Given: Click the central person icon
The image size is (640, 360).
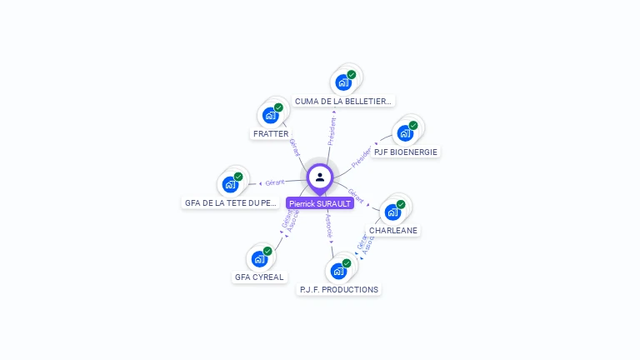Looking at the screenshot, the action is [x=320, y=177].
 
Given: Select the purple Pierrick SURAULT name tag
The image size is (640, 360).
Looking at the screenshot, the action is [x=320, y=203].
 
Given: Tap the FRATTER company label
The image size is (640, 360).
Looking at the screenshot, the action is [x=270, y=133].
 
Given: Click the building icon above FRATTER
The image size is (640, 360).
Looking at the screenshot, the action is [x=270, y=115].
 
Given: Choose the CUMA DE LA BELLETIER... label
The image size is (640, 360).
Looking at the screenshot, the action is [x=343, y=101].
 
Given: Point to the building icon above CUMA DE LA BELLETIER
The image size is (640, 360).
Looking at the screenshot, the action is [x=342, y=82].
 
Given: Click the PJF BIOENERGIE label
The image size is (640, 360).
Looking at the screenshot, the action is [x=406, y=152].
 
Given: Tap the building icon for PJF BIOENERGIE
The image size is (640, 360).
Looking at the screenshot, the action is [x=405, y=133].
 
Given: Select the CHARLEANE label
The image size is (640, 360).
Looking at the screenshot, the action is [x=392, y=230].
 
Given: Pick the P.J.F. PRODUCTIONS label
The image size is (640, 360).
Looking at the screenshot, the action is [x=338, y=289].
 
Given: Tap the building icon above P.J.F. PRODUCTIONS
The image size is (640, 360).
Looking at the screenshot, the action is [x=337, y=271].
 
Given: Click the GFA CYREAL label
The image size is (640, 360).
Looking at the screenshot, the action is [x=259, y=277].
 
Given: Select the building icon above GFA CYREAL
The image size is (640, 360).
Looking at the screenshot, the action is [x=258, y=258].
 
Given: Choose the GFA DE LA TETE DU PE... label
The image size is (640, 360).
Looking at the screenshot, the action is [x=230, y=202].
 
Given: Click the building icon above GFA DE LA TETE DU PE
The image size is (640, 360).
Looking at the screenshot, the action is [x=230, y=184].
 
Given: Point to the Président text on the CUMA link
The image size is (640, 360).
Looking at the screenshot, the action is [x=332, y=131].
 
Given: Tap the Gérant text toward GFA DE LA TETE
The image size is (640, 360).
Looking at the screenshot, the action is [x=275, y=182].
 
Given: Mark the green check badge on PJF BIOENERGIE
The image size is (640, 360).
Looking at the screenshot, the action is [x=413, y=126].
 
